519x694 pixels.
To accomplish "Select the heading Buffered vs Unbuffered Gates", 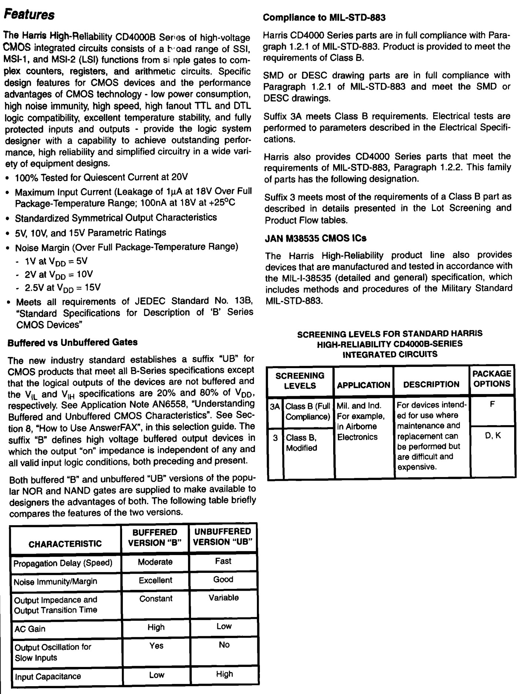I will pyautogui.click(x=72, y=342).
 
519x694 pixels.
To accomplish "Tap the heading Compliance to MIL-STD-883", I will pyautogui.click(x=324, y=17).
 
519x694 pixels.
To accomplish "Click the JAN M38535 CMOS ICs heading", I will pyautogui.click(x=315, y=238).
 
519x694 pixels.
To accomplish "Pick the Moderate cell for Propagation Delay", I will pyautogui.click(x=155, y=562).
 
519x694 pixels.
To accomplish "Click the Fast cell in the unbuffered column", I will pyautogui.click(x=223, y=561).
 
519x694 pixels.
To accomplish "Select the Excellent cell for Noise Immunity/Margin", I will pyautogui.click(x=155, y=581).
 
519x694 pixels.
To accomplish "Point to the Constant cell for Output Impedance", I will pyautogui.click(x=155, y=599).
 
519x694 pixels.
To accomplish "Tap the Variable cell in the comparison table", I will pyautogui.click(x=223, y=598).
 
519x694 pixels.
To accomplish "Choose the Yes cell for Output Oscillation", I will pyautogui.click(x=156, y=646).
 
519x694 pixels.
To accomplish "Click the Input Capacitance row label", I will pyautogui.click(x=48, y=677).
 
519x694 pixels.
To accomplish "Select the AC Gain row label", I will pyautogui.click(x=30, y=629).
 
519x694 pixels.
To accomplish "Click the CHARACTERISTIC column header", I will pyautogui.click(x=65, y=544).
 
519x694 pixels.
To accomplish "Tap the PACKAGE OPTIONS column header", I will pyautogui.click(x=492, y=378).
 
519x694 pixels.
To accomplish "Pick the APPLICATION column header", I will pyautogui.click(x=363, y=385).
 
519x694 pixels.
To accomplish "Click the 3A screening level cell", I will pyautogui.click(x=275, y=407).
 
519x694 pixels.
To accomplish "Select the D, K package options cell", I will pyautogui.click(x=493, y=436).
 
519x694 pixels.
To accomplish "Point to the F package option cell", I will pyautogui.click(x=492, y=404).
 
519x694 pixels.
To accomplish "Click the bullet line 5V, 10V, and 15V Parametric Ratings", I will pyautogui.click(x=90, y=233).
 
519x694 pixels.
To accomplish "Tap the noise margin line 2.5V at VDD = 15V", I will pyautogui.click(x=63, y=288).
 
